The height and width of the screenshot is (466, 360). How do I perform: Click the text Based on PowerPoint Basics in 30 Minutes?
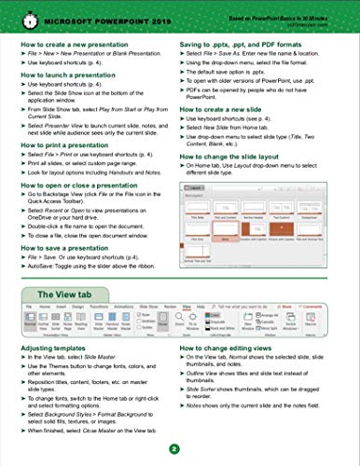[x=293, y=10]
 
